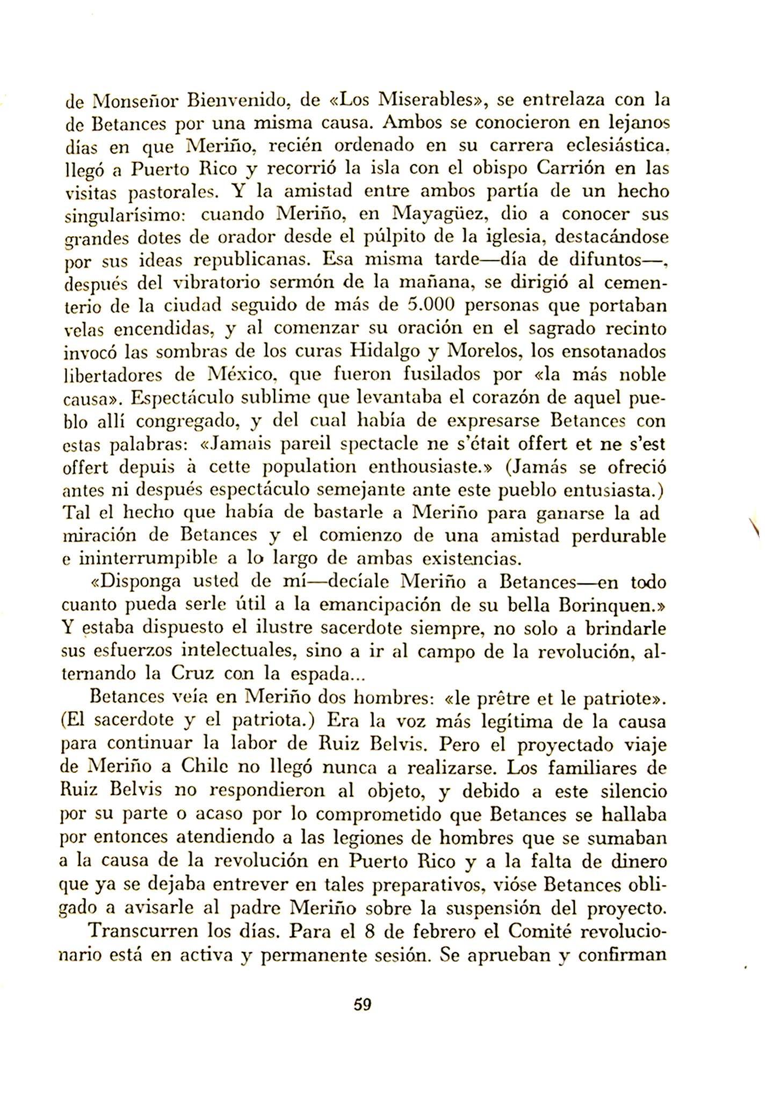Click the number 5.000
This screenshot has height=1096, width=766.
pyautogui.click(x=432, y=305)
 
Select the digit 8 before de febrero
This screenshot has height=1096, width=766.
pyautogui.click(x=369, y=930)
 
